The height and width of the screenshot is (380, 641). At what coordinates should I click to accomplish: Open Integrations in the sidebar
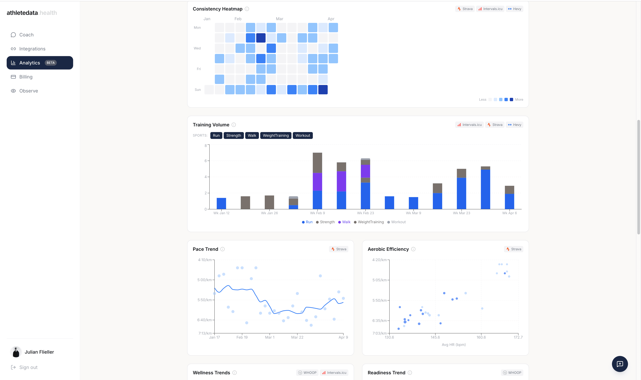tap(32, 49)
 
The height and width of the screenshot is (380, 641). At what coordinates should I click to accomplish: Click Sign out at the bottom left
tap(28, 367)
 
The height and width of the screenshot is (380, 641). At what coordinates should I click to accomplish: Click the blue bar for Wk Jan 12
tap(221, 203)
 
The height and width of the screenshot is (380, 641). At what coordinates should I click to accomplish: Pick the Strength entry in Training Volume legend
tap(327, 222)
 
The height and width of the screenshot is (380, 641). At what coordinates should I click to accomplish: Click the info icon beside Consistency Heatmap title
tap(247, 9)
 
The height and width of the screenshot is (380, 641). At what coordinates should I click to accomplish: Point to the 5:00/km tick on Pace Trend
tap(204, 280)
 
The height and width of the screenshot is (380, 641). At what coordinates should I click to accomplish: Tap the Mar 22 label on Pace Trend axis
tap(297, 337)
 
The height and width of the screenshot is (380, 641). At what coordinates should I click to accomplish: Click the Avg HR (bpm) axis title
tap(453, 345)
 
